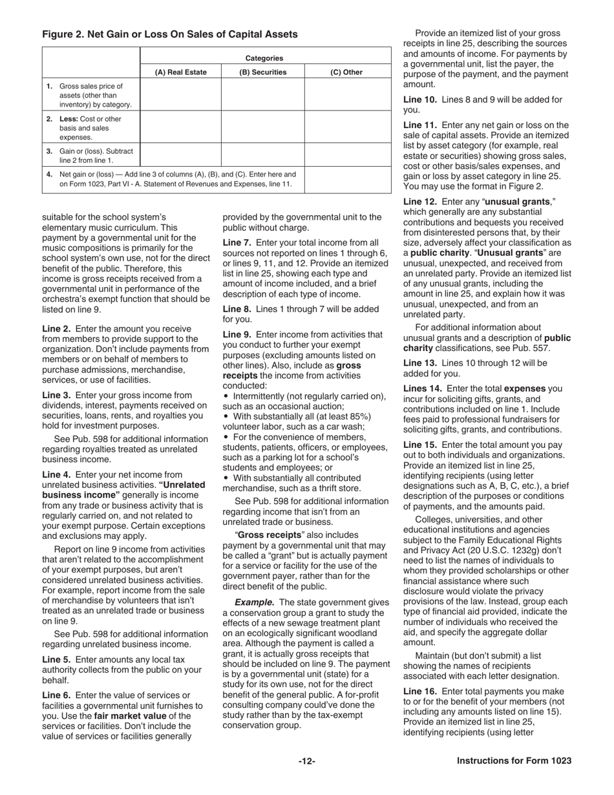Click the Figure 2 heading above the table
coord(170,34)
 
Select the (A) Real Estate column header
coord(180,72)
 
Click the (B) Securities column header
coord(262,72)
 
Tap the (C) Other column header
coord(347,72)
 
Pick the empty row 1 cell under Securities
coord(262,95)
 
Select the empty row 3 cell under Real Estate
coord(180,155)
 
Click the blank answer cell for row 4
coord(347,179)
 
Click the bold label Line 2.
coord(56,328)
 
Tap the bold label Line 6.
coord(56,695)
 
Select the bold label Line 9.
coord(237,334)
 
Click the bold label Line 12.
coord(420,203)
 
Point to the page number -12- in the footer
coord(307,761)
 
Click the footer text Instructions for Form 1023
coord(514,761)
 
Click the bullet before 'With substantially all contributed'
coord(226,478)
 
